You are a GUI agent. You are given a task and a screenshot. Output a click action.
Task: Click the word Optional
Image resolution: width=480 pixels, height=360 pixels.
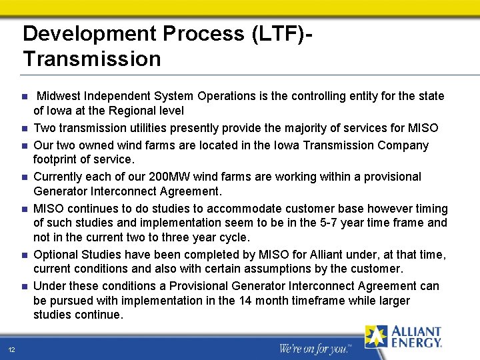pyautogui.click(x=55, y=255)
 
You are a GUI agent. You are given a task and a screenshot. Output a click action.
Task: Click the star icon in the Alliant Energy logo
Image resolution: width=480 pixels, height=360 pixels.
pyautogui.click(x=375, y=337)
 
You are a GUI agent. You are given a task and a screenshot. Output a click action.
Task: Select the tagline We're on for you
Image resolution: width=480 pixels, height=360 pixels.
pyautogui.click(x=314, y=348)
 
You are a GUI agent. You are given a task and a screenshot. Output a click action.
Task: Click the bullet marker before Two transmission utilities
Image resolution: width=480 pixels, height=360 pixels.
pyautogui.click(x=24, y=129)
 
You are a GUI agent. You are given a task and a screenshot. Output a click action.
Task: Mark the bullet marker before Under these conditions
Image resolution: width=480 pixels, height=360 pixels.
pyautogui.click(x=24, y=287)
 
